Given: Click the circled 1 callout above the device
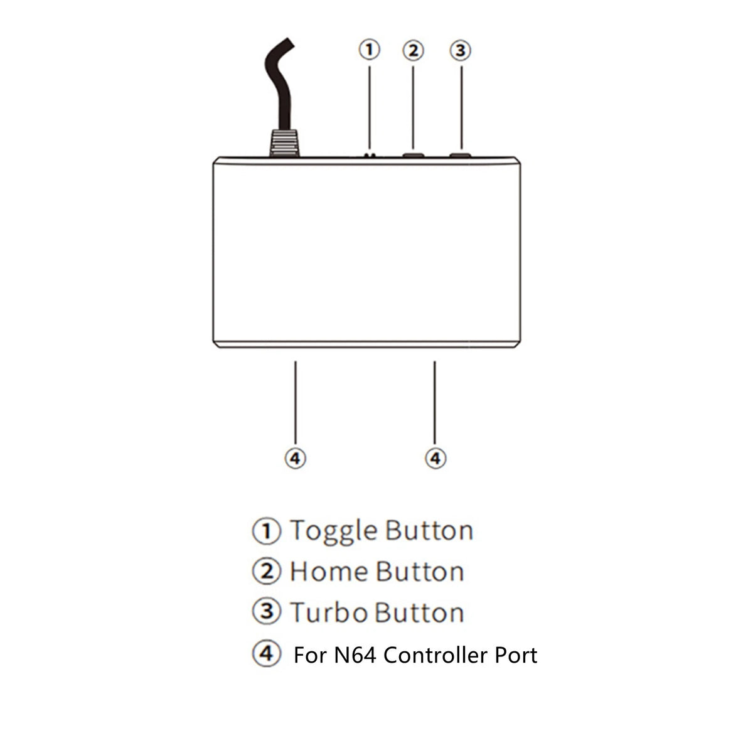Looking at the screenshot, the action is click(369, 50).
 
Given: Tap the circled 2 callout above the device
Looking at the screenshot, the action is click(413, 50).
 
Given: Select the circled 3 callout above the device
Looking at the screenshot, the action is click(461, 50).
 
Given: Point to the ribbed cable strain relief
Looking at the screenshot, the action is click(284, 143).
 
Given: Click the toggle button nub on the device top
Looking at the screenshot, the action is click(369, 155).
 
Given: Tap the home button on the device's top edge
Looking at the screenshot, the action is click(414, 155).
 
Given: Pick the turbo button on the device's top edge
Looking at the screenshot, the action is click(460, 155).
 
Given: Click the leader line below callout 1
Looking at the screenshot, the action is click(370, 108).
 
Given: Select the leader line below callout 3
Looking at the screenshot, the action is click(461, 108).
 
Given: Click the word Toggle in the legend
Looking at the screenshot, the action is click(334, 532).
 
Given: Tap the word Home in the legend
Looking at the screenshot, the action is click(329, 572).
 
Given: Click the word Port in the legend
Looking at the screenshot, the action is click(516, 655).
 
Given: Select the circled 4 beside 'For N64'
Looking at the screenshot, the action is click(267, 653).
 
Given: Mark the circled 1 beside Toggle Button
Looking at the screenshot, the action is click(267, 531).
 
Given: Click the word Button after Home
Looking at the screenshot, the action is click(420, 572).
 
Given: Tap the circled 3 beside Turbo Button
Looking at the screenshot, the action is click(267, 611).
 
